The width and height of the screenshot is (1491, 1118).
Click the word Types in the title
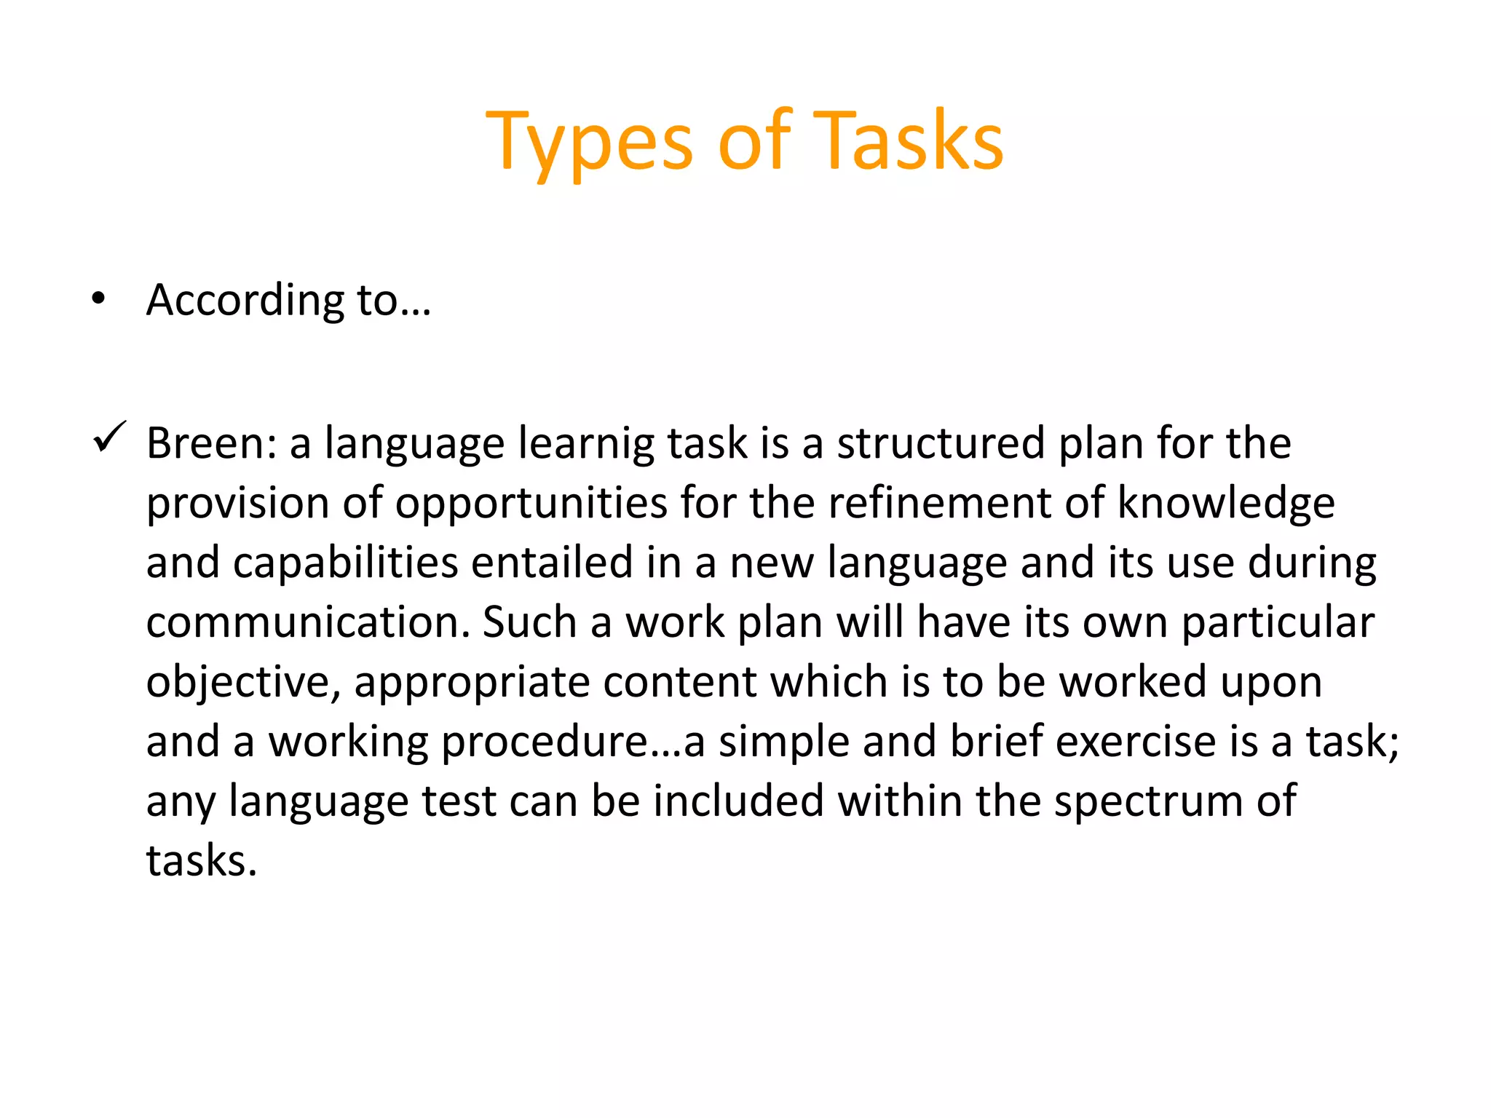coord(590,142)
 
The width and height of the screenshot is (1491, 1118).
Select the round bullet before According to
coord(99,298)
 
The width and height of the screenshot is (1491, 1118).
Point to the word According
coord(245,301)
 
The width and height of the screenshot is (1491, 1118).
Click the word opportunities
coord(531,504)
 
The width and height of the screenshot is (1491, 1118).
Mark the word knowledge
coord(1226,504)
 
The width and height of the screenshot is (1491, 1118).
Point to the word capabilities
coord(346,563)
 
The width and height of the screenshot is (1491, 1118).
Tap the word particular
coord(1278,624)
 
